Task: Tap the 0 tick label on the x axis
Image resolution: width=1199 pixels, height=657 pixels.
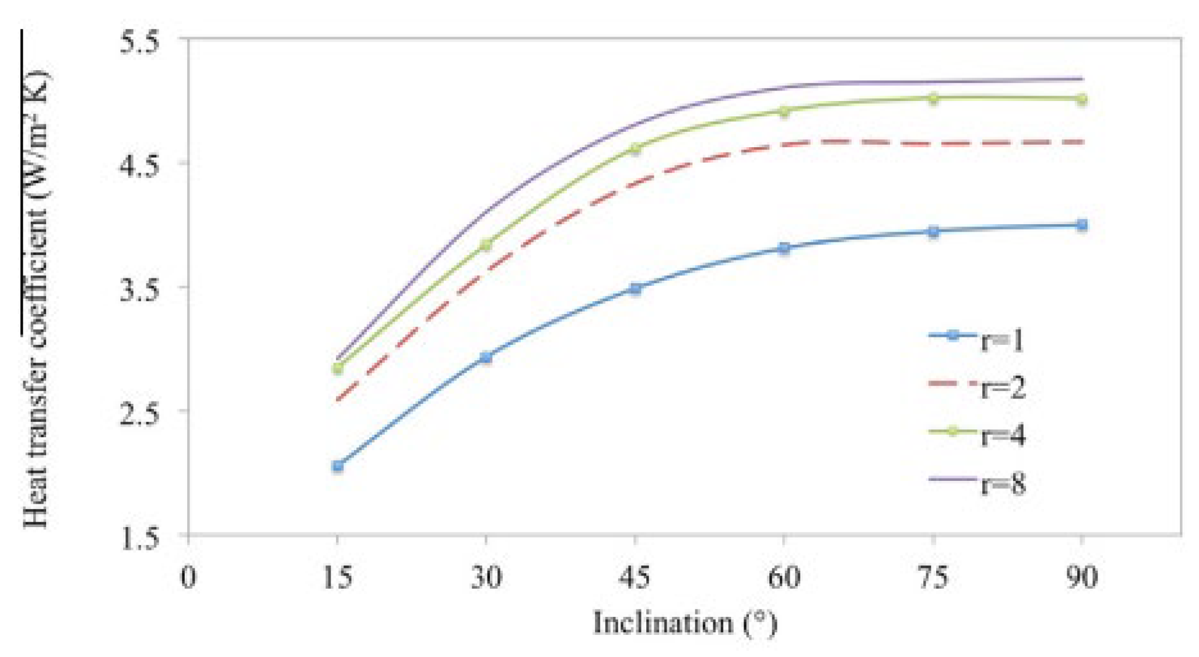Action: (x=188, y=578)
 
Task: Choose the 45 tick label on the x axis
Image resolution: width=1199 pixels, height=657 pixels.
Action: (x=635, y=578)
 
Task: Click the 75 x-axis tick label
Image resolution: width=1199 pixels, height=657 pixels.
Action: (x=932, y=578)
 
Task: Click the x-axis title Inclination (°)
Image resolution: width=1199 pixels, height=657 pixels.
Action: (x=684, y=623)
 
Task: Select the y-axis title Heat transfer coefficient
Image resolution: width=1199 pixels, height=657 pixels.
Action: (x=36, y=296)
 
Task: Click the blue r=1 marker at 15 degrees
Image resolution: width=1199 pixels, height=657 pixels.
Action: (x=337, y=466)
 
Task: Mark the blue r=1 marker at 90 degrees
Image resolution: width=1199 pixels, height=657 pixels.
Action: (x=1081, y=225)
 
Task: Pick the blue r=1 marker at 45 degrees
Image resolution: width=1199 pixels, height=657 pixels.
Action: (x=635, y=288)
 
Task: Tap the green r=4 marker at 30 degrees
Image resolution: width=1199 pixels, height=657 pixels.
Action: (x=486, y=245)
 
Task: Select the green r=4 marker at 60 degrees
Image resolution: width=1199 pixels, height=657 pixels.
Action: (x=784, y=111)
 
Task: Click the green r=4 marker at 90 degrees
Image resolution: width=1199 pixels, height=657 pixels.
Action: (x=1081, y=99)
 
